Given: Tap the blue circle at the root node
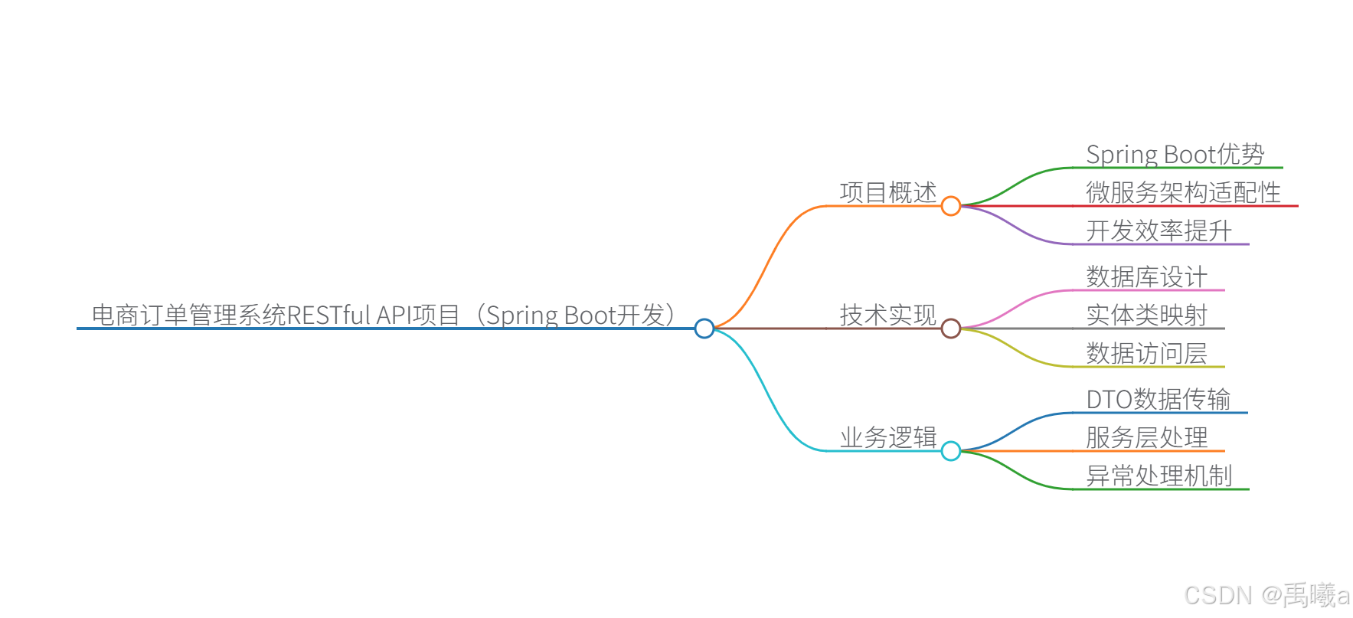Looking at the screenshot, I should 704,329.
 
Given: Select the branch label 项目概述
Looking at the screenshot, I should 887,192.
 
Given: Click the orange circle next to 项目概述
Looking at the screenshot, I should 951,206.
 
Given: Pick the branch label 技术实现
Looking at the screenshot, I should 887,315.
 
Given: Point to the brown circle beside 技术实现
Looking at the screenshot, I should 951,329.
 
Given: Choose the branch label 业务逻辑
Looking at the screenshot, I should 887,437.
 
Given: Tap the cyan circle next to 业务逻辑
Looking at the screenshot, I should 951,451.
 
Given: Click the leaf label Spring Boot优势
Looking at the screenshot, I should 1175,154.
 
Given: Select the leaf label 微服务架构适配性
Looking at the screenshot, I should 1183,192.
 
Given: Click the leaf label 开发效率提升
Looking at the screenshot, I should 1159,231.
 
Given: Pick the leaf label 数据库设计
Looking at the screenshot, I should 1146,276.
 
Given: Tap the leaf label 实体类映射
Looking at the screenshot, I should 1146,315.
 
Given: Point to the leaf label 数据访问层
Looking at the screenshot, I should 1146,353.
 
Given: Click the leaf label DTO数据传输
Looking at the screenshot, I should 1158,399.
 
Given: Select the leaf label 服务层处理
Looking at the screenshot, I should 1146,437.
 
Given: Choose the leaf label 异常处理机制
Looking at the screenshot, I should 1159,476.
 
